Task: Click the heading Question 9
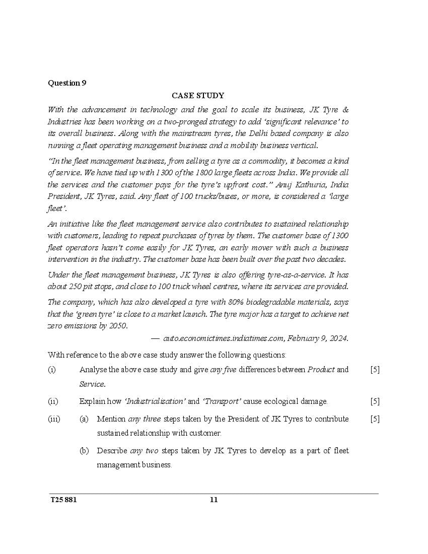click(x=67, y=83)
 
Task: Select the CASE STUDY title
click(x=198, y=95)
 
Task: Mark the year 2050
click(x=118, y=326)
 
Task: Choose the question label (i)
click(x=52, y=370)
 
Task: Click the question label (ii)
click(x=53, y=401)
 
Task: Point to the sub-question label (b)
click(x=84, y=451)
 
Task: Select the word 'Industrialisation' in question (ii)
click(x=155, y=401)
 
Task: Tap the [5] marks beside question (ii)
click(x=375, y=401)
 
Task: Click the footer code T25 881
click(x=63, y=500)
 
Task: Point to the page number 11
click(x=213, y=500)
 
